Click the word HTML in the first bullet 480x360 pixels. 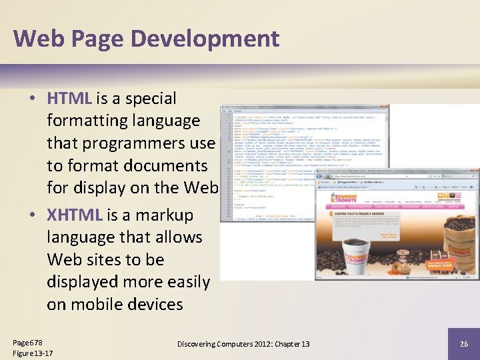(x=69, y=99)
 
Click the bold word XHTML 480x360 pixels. (x=73, y=215)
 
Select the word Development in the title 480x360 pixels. (x=205, y=38)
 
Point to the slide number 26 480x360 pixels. (x=464, y=343)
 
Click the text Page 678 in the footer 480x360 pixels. (x=27, y=342)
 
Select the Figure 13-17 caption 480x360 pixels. (x=33, y=353)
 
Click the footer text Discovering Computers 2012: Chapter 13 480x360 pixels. (x=243, y=343)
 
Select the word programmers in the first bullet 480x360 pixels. (x=117, y=143)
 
